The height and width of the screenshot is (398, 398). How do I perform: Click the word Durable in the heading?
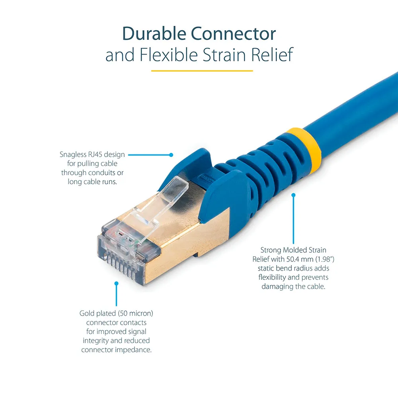[154, 33]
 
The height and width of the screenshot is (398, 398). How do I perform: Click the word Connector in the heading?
[233, 33]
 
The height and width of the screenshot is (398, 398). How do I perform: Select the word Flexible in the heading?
[168, 55]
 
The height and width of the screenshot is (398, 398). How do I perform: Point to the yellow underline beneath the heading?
[202, 71]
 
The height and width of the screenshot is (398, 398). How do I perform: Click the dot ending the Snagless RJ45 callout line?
[171, 155]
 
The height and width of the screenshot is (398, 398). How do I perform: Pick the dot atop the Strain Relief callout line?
[293, 195]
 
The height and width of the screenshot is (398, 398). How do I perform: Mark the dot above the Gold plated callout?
[116, 283]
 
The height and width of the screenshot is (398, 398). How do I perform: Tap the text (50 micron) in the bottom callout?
[136, 314]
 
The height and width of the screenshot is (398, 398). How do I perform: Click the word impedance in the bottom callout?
[133, 350]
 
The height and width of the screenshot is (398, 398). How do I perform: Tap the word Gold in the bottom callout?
[87, 314]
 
